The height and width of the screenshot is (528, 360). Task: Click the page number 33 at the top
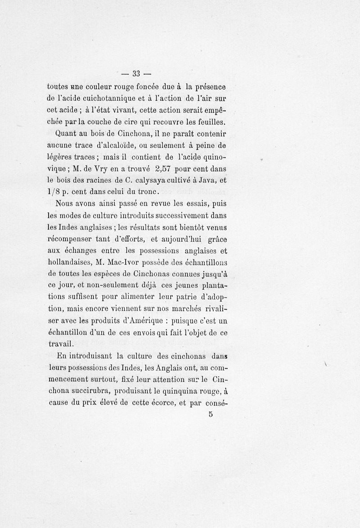coord(136,74)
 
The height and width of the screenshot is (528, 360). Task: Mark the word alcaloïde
coord(128,146)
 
